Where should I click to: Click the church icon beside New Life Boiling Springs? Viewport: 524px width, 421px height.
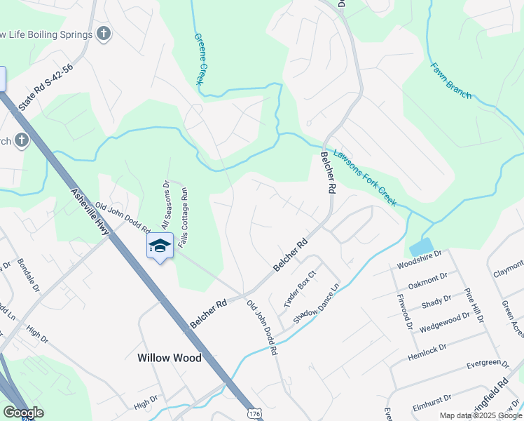104,34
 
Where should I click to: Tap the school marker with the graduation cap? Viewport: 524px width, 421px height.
160,246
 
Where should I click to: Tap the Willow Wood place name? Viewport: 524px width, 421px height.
169,358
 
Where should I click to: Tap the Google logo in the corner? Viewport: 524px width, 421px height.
22,413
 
